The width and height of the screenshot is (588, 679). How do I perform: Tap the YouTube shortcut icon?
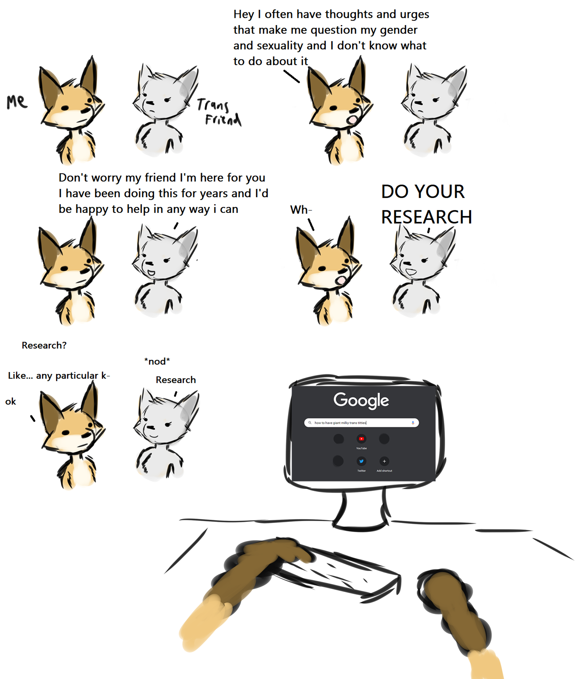pos(361,439)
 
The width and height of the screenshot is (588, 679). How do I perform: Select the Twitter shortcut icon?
pos(361,461)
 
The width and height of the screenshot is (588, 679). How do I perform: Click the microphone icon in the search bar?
pos(413,423)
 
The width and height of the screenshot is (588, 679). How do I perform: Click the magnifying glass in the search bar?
pos(310,423)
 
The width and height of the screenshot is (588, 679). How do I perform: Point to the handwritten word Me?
pos(17,102)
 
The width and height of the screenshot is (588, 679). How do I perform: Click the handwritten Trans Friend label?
pos(219,112)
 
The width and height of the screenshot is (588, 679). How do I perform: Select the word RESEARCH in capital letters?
pos(426,217)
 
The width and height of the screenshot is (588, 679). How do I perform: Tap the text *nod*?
pos(157,361)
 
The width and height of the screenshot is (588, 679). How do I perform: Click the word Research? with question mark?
pos(44,345)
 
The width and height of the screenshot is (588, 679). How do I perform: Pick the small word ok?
pos(11,401)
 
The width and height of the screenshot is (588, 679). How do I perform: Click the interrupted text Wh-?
pos(301,210)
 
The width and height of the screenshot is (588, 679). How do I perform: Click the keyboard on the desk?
pos(338,571)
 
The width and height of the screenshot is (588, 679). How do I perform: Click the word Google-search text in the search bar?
pos(340,423)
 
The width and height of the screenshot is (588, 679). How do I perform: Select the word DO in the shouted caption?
pos(395,191)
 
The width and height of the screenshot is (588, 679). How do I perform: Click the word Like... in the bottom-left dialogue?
pos(20,375)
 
